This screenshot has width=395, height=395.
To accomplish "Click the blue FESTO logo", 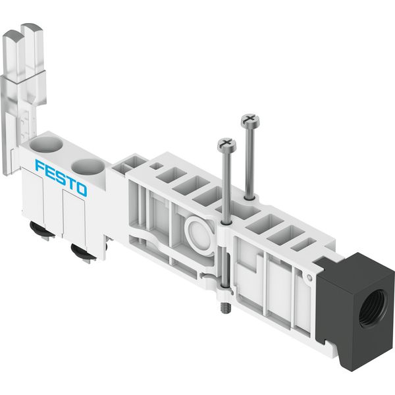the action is [x=61, y=178].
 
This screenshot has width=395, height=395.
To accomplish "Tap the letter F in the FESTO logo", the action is [x=40, y=167].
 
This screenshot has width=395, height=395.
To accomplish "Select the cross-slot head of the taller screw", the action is [x=250, y=120].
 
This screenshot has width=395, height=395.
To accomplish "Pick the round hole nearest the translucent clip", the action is [x=46, y=145].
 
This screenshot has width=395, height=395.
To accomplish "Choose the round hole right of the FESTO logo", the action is [x=88, y=167].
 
